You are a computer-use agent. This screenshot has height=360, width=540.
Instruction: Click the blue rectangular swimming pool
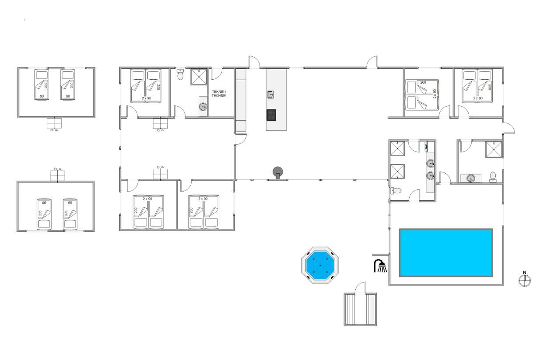pos(446,253)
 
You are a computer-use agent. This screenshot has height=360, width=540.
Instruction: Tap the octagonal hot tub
pos(320,265)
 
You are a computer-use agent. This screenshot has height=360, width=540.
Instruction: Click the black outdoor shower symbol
pos(380,266)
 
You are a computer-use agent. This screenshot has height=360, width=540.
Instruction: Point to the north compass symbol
pos(525,280)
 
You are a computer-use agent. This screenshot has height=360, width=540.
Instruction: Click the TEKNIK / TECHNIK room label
pos(219,94)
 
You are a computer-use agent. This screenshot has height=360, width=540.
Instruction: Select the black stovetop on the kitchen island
pos(271,115)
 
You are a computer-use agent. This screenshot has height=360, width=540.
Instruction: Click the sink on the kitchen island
pos(271,94)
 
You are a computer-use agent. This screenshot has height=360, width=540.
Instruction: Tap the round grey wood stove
pos(278,172)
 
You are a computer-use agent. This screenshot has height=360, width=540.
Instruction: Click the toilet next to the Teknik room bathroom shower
pos(180,74)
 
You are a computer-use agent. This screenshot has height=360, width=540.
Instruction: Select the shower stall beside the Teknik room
pos(199,77)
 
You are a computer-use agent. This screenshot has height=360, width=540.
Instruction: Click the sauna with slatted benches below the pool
pos(360,309)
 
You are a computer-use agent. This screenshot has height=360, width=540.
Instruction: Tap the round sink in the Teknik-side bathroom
pos(203,106)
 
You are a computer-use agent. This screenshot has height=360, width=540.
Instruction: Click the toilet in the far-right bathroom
pos(493,177)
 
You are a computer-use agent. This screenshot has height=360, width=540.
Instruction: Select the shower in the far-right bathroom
pos(494,150)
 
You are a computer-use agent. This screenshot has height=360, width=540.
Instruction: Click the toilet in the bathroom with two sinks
pos(396,191)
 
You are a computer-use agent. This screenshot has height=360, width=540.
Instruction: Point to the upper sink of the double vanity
pos(430,163)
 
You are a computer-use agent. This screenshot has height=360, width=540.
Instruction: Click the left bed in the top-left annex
pos(42,84)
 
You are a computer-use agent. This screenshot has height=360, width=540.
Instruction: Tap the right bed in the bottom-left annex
pos(70,214)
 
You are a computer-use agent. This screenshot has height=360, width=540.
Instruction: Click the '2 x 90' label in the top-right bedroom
pos(478,98)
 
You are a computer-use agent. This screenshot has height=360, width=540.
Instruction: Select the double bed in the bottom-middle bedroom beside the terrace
pos(204,212)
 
